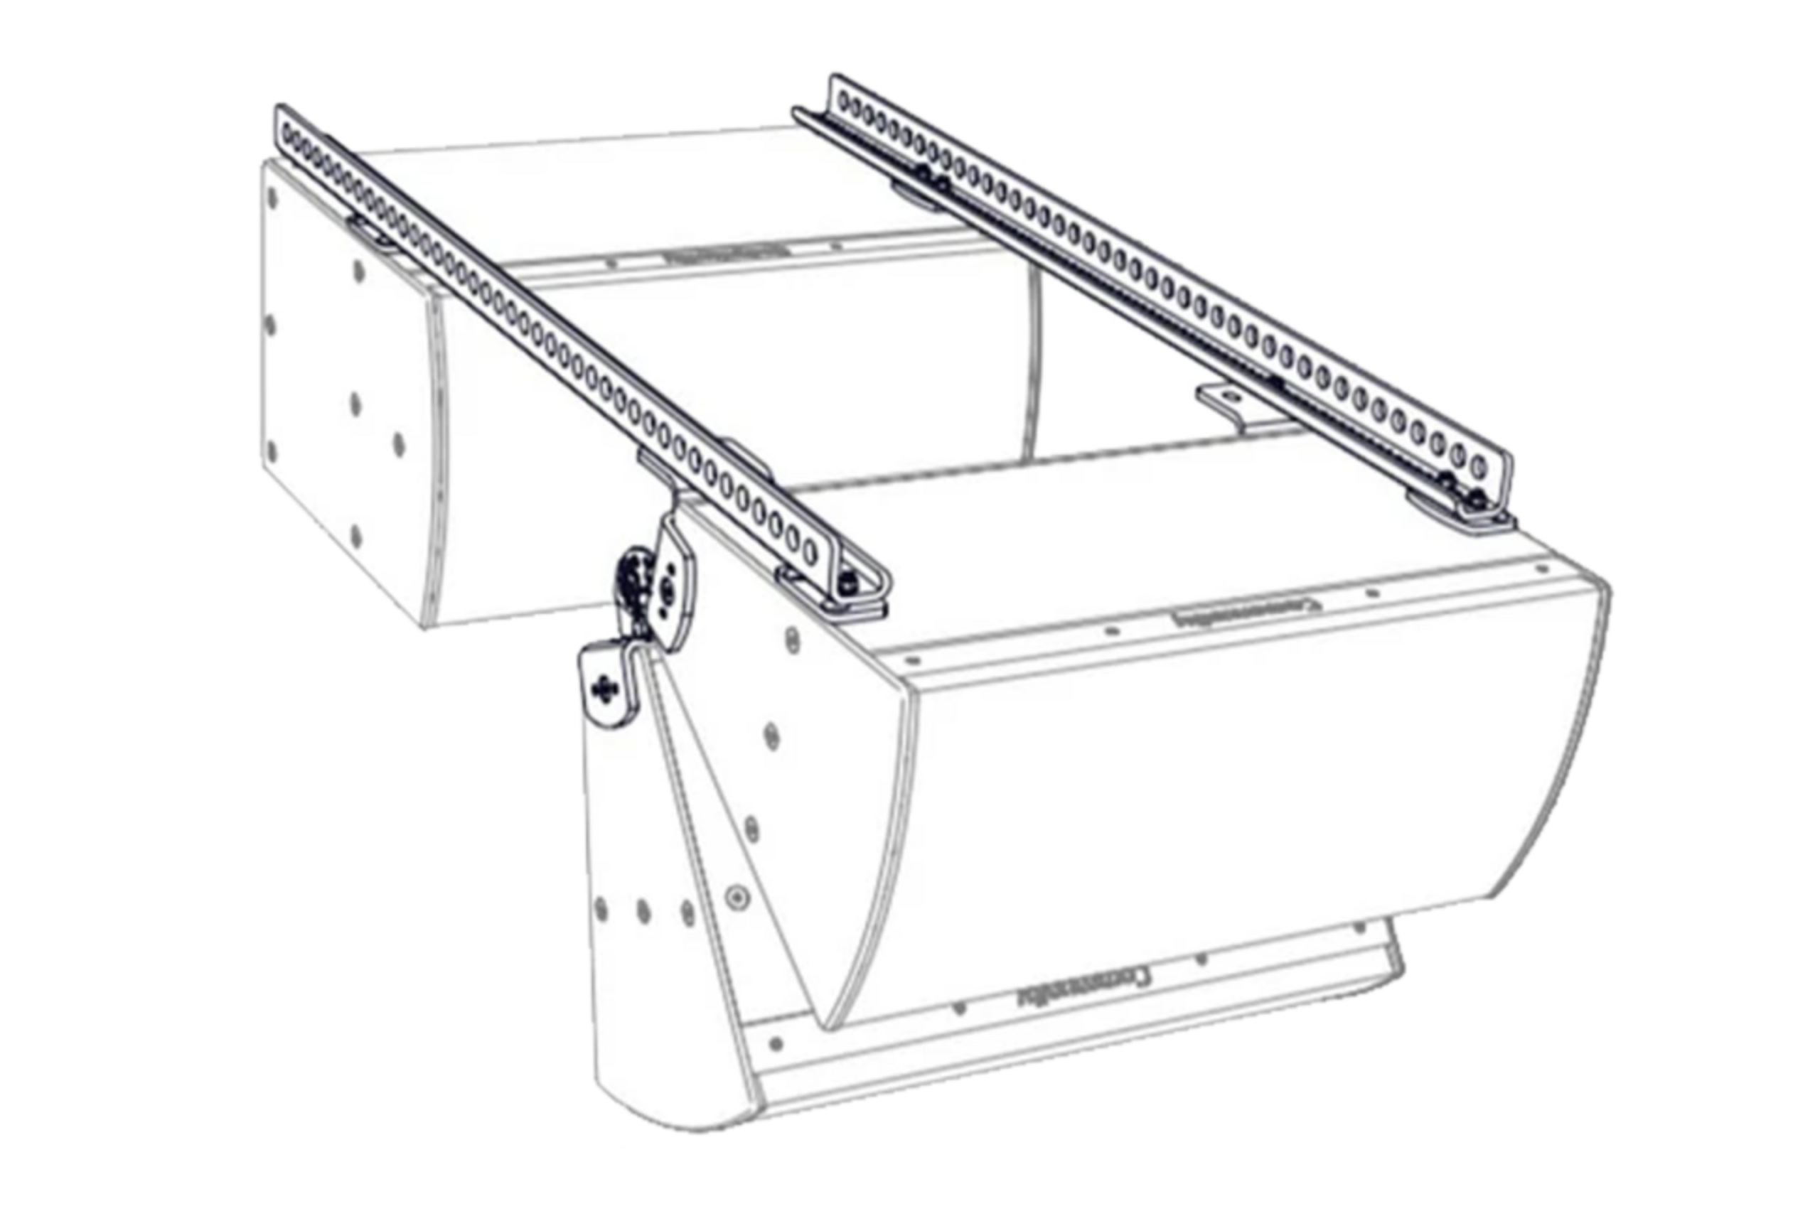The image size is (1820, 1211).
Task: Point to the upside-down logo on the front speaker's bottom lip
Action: tap(1081, 986)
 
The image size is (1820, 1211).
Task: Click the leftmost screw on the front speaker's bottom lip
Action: tap(776, 1044)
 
